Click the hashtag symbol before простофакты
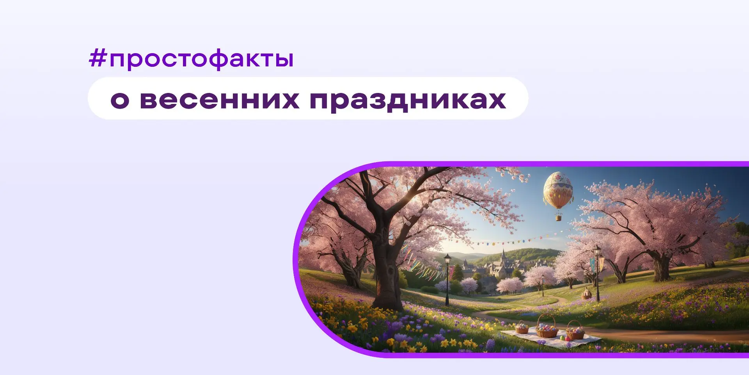tap(98, 59)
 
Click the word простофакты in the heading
tap(201, 59)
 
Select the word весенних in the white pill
tap(220, 100)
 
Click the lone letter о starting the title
tap(120, 100)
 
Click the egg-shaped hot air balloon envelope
tap(558, 190)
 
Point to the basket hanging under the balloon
tap(558, 216)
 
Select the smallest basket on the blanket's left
tap(522, 328)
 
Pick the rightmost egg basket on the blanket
tap(575, 332)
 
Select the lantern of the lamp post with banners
tap(597, 250)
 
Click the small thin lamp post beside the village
tap(542, 285)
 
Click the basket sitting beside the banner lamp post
tap(586, 294)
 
